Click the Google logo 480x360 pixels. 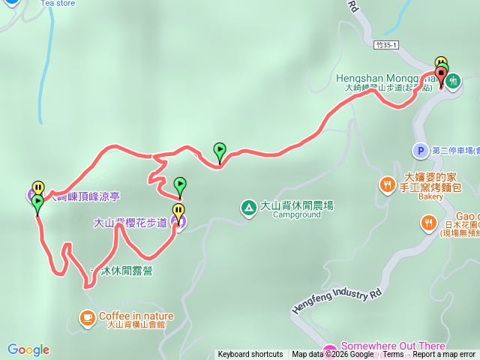pos(28,349)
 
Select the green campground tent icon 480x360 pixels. pos(247,206)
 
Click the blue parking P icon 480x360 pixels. pos(420,151)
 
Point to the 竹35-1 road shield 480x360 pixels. pos(386,46)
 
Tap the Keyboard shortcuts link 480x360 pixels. pos(250,355)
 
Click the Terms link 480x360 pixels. pos(393,355)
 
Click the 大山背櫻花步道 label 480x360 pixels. pos(130,223)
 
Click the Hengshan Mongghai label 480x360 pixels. pos(383,77)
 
